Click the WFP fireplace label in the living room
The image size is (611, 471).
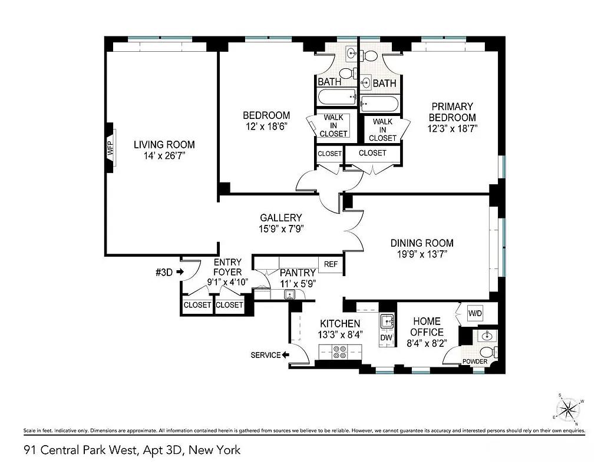[x=110, y=148]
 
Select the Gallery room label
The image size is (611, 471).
[x=281, y=218]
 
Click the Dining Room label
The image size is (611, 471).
[x=422, y=243]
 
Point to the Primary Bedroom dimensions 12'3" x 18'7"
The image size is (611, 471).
[x=452, y=128]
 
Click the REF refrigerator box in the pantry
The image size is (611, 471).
[x=331, y=264]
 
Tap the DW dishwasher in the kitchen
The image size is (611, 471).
[x=386, y=337]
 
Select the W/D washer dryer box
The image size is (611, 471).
[x=475, y=314]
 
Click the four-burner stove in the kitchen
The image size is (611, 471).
[x=340, y=352]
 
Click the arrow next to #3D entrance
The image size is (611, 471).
[x=180, y=272]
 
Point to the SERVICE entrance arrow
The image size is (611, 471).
[x=285, y=355]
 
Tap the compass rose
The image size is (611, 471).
[x=568, y=408]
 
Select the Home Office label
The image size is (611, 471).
[x=427, y=327]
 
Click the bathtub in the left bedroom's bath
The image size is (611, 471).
[x=336, y=97]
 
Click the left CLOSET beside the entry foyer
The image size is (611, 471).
[x=197, y=305]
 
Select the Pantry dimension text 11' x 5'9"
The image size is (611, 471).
[x=298, y=283]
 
